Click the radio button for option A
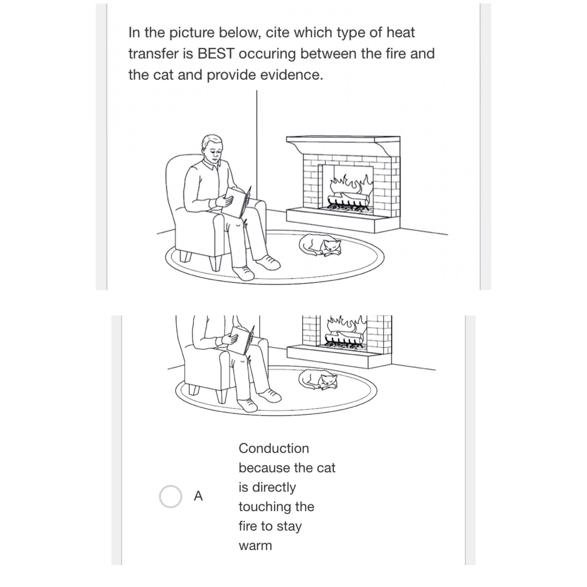171,496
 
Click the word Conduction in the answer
273,449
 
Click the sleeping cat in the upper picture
321,245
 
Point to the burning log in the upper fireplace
349,200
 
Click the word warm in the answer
255,546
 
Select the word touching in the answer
262,507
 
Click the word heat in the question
400,32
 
